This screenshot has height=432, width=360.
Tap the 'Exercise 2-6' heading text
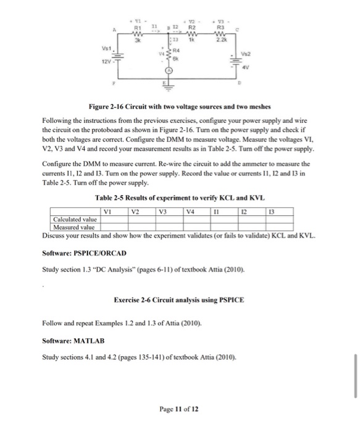(136, 300)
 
